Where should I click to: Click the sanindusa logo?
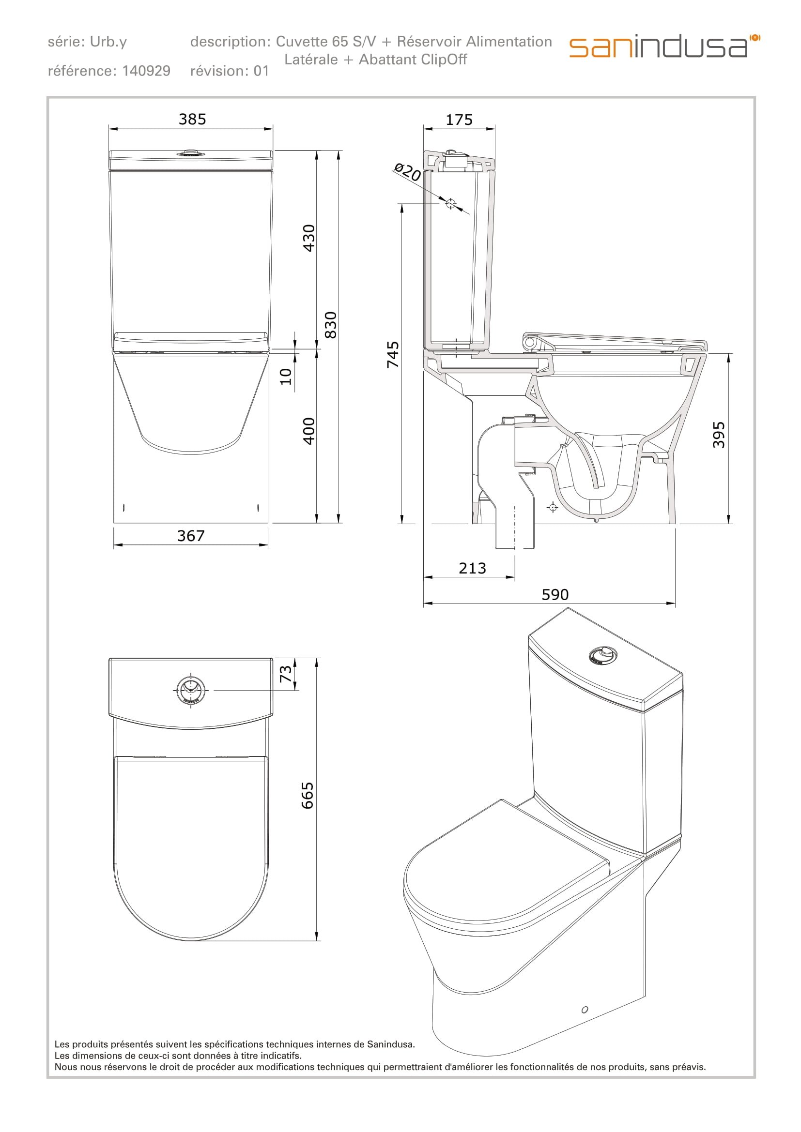(x=664, y=46)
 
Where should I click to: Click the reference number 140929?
(x=146, y=71)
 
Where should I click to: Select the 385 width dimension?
(x=192, y=120)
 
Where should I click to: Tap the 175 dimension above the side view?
(x=459, y=120)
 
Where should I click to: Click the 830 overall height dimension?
(x=331, y=324)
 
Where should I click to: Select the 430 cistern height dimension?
(x=309, y=238)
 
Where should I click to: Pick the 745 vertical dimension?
(x=393, y=354)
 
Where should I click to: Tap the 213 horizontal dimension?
(x=472, y=568)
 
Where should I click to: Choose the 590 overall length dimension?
(x=555, y=595)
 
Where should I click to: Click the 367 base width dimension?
(x=191, y=536)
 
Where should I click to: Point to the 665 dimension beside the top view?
(x=308, y=795)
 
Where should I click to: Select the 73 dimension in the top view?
(x=286, y=674)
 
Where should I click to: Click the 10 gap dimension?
(x=286, y=376)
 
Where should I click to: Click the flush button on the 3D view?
(x=602, y=655)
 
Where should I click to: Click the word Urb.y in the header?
(x=108, y=42)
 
